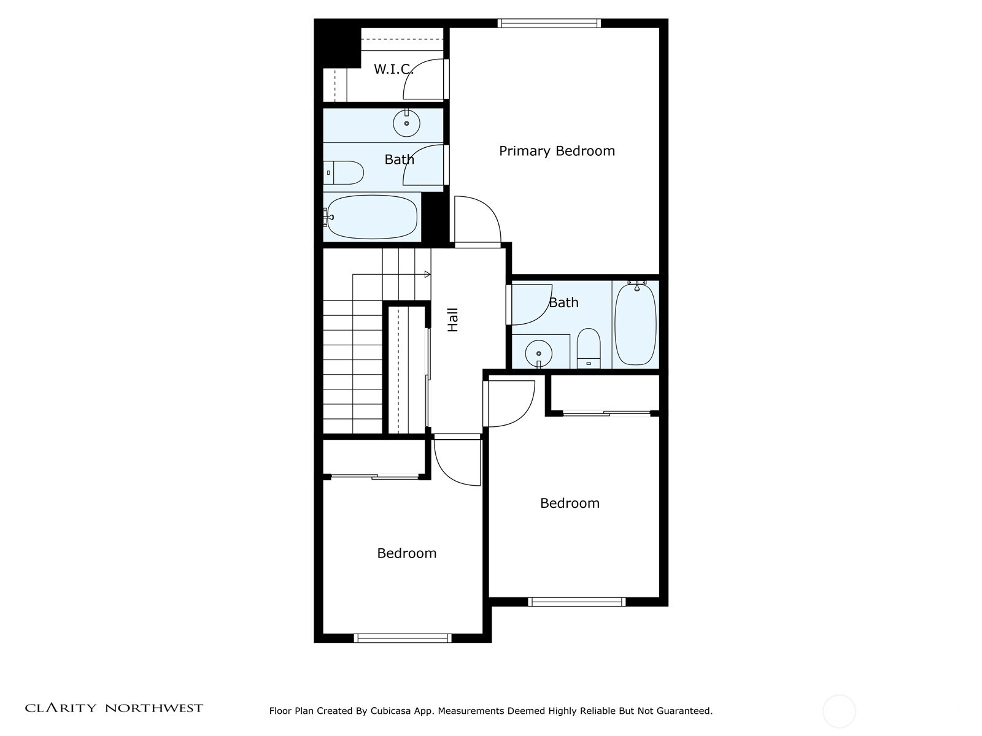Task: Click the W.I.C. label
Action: tap(393, 69)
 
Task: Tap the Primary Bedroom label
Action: tap(557, 151)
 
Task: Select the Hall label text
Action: tap(453, 320)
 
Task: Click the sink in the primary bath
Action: tap(406, 123)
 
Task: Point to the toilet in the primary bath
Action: tap(344, 173)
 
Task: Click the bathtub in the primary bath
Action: tap(371, 217)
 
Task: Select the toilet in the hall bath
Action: tap(589, 348)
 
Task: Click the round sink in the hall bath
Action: tap(538, 353)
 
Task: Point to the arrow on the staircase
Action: tap(426, 274)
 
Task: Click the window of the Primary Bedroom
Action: tap(549, 23)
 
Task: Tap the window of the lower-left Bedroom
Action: tap(403, 638)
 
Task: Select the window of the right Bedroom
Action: tap(576, 602)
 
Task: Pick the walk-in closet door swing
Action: tap(423, 80)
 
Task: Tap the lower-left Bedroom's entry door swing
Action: tap(457, 461)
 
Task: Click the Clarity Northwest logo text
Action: tap(114, 708)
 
